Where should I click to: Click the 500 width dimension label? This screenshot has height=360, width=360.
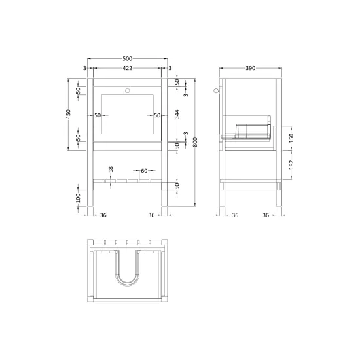127,58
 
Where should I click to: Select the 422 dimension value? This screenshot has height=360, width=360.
127,68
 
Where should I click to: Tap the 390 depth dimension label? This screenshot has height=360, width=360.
251,68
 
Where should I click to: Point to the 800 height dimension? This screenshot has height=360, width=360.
196,142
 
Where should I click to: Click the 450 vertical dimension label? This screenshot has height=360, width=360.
69,115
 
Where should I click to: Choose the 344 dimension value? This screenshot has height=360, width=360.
177,115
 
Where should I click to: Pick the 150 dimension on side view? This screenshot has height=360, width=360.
291,138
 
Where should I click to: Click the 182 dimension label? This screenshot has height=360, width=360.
291,164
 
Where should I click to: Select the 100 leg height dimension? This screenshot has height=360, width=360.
79,198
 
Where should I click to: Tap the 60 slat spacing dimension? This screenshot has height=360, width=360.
144,171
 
